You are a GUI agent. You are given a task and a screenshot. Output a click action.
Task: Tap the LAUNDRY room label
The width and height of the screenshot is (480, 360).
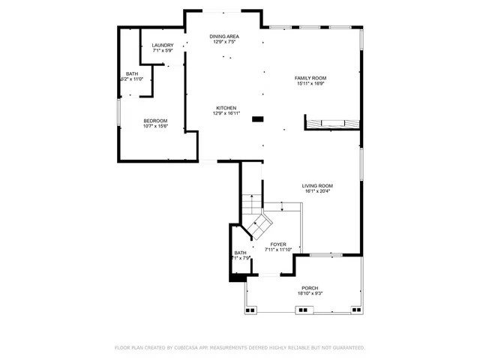point(163,46)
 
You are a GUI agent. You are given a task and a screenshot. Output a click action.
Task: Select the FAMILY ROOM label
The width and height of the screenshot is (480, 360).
point(310,78)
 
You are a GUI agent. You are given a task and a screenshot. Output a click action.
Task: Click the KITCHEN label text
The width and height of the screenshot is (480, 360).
point(226,108)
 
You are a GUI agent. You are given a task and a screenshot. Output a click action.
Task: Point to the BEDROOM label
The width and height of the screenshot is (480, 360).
point(155,121)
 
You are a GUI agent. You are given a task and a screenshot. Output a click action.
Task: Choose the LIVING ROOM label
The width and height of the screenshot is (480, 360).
point(317,185)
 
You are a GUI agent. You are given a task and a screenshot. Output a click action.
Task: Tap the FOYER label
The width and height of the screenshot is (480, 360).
point(278,244)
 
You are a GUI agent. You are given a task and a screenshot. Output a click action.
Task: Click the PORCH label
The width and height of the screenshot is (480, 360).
point(310,289)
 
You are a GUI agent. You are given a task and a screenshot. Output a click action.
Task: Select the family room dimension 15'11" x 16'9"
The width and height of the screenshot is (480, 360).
point(310,84)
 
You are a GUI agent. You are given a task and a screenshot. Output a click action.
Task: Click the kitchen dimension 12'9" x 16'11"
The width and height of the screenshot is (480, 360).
point(226,114)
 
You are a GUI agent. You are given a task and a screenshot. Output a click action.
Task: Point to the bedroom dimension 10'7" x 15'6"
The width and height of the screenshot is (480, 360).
point(155,127)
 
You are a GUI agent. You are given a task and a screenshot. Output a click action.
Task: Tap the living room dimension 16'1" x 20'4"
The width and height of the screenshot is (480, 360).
point(317,191)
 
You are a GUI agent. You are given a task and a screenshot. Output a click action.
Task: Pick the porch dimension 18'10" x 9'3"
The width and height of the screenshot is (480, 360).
point(310,294)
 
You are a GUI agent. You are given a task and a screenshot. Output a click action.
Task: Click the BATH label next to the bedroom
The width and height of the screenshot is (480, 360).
point(131,73)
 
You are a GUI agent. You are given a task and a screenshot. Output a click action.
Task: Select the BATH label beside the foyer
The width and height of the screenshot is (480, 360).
point(240,253)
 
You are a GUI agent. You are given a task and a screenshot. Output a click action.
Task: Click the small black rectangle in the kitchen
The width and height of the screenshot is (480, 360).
point(258,118)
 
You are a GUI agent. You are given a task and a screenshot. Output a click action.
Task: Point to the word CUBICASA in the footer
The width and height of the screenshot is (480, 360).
point(191,348)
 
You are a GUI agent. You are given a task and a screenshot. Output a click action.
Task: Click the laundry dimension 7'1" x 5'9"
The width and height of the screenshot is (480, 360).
point(163,51)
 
